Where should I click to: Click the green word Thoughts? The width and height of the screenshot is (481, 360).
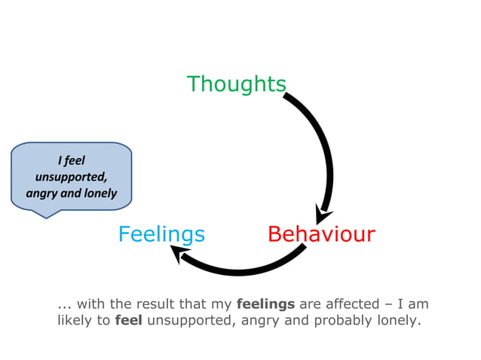coord(236,84)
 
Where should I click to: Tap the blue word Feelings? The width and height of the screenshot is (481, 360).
coord(161,234)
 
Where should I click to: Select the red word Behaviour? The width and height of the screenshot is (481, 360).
coord(321,234)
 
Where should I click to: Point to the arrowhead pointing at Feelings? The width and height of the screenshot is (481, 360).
coord(182,255)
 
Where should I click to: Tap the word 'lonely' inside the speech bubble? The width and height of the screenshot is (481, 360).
coord(100,193)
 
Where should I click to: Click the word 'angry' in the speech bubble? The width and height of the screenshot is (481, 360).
coord(43,193)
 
